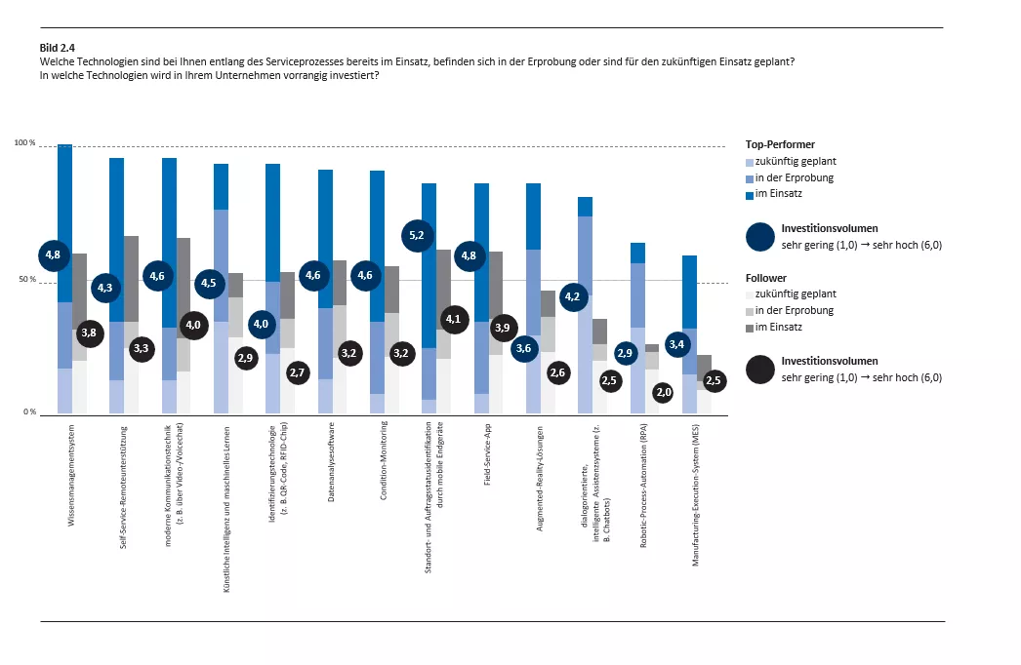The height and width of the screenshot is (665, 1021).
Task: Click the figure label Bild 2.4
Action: (x=56, y=46)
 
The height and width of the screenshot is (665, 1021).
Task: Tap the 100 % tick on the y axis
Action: (x=24, y=144)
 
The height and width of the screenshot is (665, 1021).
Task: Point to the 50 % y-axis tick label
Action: (x=26, y=280)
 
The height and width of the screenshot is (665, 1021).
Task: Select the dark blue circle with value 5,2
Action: (x=417, y=235)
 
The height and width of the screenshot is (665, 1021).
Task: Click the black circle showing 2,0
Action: (x=664, y=392)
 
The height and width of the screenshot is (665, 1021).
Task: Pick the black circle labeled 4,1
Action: (x=453, y=318)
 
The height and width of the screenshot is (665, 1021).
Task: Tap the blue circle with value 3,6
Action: (x=525, y=347)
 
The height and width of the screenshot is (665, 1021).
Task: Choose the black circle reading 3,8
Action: (x=89, y=332)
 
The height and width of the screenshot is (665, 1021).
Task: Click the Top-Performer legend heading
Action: (x=779, y=144)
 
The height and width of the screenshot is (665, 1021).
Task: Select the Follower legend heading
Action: (x=764, y=278)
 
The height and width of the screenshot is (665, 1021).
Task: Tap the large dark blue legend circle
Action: (x=761, y=237)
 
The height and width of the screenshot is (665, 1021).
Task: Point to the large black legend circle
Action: (x=761, y=370)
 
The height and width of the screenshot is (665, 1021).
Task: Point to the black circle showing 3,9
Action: (x=503, y=329)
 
